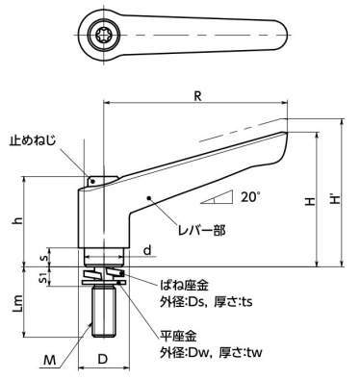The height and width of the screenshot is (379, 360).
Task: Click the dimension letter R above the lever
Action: click(198, 96)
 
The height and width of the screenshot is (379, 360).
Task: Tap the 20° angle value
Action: click(249, 196)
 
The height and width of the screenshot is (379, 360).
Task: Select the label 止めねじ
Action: click(32, 141)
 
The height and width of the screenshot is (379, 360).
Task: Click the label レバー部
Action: click(202, 230)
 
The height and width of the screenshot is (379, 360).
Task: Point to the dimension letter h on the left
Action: click(19, 220)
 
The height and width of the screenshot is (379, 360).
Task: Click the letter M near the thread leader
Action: click(50, 361)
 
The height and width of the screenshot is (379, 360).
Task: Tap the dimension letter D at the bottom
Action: click(102, 359)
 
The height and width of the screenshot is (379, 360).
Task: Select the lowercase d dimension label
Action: click(147, 250)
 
